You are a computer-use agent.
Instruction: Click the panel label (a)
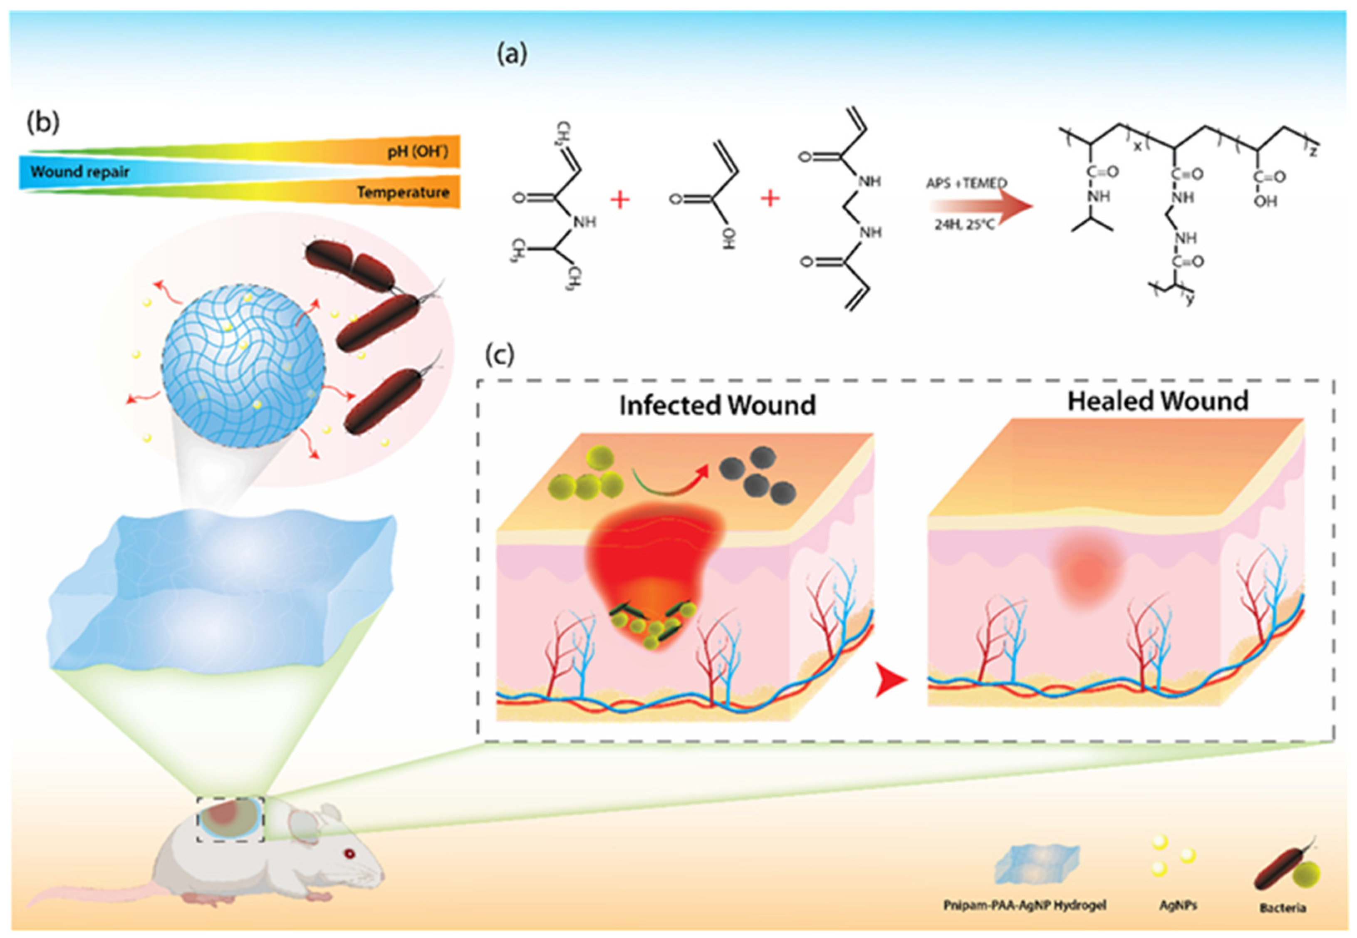(x=512, y=54)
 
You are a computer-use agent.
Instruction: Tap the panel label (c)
(x=500, y=354)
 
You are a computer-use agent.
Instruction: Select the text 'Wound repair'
(x=80, y=172)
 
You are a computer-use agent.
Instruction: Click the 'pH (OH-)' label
(x=417, y=152)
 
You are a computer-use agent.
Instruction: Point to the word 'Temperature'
(x=403, y=192)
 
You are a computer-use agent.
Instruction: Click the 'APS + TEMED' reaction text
(x=966, y=183)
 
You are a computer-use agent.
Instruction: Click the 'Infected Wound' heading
(x=717, y=406)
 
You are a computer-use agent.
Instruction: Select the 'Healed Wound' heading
(x=1158, y=401)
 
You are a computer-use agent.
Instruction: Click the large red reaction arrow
(x=981, y=206)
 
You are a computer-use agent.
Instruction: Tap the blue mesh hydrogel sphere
(x=243, y=364)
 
